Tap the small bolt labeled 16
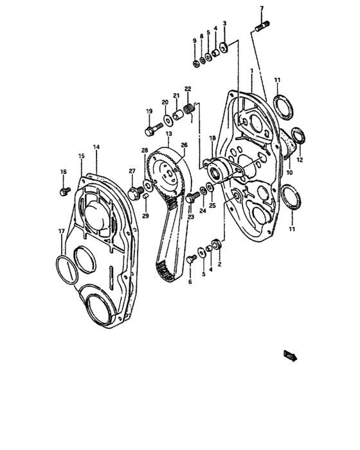64,191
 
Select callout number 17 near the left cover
62,231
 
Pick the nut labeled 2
217,244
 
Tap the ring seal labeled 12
298,136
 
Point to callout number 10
289,172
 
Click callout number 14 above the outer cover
96,147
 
